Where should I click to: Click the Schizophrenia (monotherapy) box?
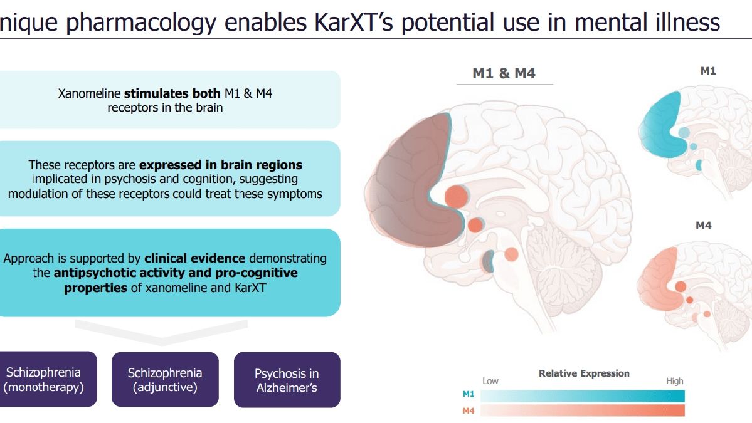(x=48, y=379)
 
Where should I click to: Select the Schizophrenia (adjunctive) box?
(x=165, y=379)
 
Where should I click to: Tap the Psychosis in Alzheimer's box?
(x=287, y=380)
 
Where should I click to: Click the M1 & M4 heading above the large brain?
(x=504, y=73)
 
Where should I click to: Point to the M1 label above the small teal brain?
(x=708, y=71)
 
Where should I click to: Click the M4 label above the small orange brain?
(x=704, y=226)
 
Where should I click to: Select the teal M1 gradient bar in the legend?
(x=582, y=395)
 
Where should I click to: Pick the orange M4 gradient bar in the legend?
(x=582, y=410)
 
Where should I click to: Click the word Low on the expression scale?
(x=490, y=381)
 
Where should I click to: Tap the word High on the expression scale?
(x=675, y=381)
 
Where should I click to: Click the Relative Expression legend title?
(x=584, y=373)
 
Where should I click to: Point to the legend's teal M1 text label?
(x=468, y=394)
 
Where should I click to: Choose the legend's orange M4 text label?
(x=468, y=410)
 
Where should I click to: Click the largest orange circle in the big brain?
(x=456, y=196)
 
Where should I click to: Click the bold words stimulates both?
(x=172, y=93)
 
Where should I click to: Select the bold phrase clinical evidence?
(x=194, y=258)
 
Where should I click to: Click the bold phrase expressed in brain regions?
(x=221, y=165)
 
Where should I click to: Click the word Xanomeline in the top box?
(x=89, y=93)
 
